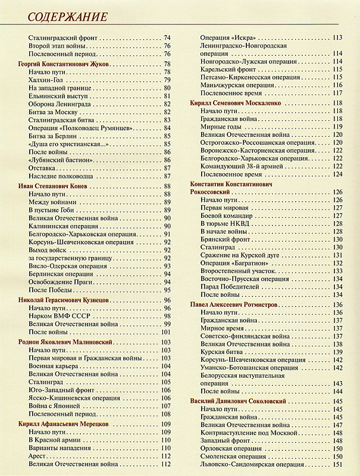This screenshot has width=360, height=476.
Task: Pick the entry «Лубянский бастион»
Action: tap(60, 161)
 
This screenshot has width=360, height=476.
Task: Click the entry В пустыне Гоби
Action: tap(54, 210)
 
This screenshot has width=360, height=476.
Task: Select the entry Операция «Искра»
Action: tap(226, 38)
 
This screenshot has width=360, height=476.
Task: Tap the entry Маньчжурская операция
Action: tap(238, 85)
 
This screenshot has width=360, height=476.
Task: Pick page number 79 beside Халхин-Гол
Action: tap(167, 80)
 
